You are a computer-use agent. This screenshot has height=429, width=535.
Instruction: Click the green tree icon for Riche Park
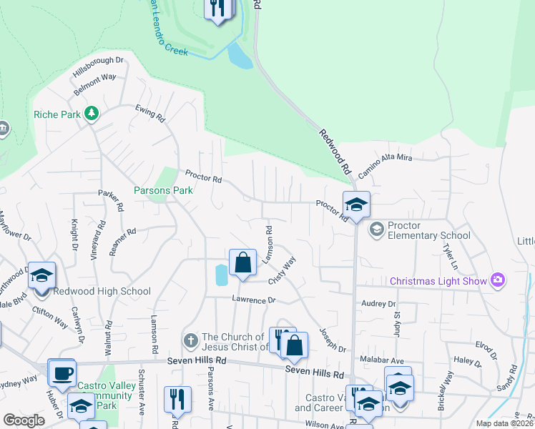point(91,113)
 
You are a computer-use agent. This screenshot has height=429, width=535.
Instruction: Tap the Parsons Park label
point(164,191)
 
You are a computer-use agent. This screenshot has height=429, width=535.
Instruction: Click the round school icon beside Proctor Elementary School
point(376,230)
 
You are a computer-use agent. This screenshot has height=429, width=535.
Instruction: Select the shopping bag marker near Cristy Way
point(243,262)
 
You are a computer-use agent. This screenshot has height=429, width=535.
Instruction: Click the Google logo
point(24,420)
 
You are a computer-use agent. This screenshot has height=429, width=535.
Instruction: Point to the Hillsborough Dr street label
point(98,66)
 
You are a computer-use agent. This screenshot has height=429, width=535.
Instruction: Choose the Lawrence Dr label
point(253,300)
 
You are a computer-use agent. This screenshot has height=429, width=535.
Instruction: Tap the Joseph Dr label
point(332,340)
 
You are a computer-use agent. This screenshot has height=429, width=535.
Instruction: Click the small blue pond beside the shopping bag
point(220,274)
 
